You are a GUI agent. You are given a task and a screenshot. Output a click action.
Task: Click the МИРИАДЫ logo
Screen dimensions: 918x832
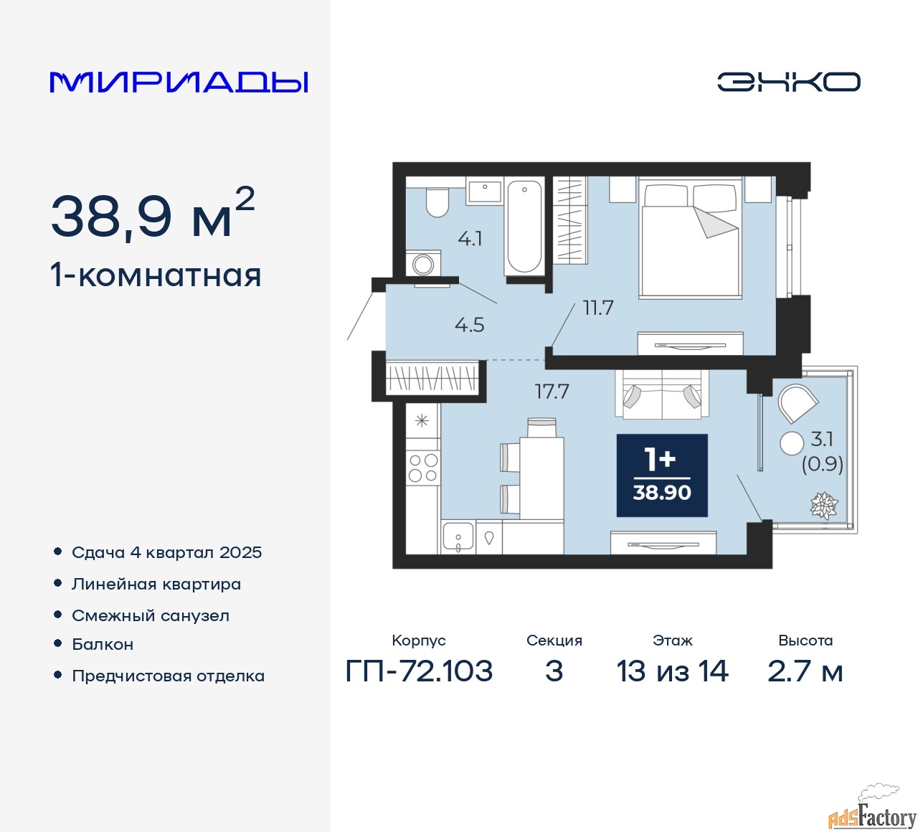click(x=179, y=82)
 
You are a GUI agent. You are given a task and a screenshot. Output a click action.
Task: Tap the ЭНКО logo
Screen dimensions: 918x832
click(x=788, y=82)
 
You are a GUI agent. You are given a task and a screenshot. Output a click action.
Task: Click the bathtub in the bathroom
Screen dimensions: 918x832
click(x=524, y=227)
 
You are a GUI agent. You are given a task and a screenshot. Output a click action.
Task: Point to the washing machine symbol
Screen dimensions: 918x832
click(x=423, y=264)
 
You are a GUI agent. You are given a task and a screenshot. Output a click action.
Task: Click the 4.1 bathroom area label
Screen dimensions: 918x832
click(x=470, y=239)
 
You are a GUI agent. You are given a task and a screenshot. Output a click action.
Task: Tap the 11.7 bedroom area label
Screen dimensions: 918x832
click(x=598, y=308)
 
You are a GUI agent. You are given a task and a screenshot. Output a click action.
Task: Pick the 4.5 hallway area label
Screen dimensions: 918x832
click(x=470, y=325)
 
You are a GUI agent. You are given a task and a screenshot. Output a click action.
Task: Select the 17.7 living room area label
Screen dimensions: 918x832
click(x=552, y=392)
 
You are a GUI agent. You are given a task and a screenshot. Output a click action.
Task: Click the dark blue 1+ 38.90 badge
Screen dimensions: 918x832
click(x=662, y=476)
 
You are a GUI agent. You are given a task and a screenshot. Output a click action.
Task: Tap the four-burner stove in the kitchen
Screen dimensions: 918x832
click(x=423, y=468)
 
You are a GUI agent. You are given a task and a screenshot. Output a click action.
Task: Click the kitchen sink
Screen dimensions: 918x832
click(x=458, y=536)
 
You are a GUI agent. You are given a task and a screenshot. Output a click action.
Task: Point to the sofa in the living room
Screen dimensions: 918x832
click(x=662, y=394)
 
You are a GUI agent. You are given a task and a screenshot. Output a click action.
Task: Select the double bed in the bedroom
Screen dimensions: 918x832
click(x=691, y=237)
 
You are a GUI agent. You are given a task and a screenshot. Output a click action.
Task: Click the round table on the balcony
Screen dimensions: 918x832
click(x=792, y=443)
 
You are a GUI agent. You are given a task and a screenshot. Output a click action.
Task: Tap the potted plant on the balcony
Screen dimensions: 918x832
click(x=824, y=506)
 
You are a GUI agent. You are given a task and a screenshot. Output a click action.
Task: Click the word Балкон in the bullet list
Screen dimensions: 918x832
click(x=103, y=644)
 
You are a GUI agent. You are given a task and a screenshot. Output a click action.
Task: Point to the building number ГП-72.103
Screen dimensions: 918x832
click(x=419, y=671)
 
